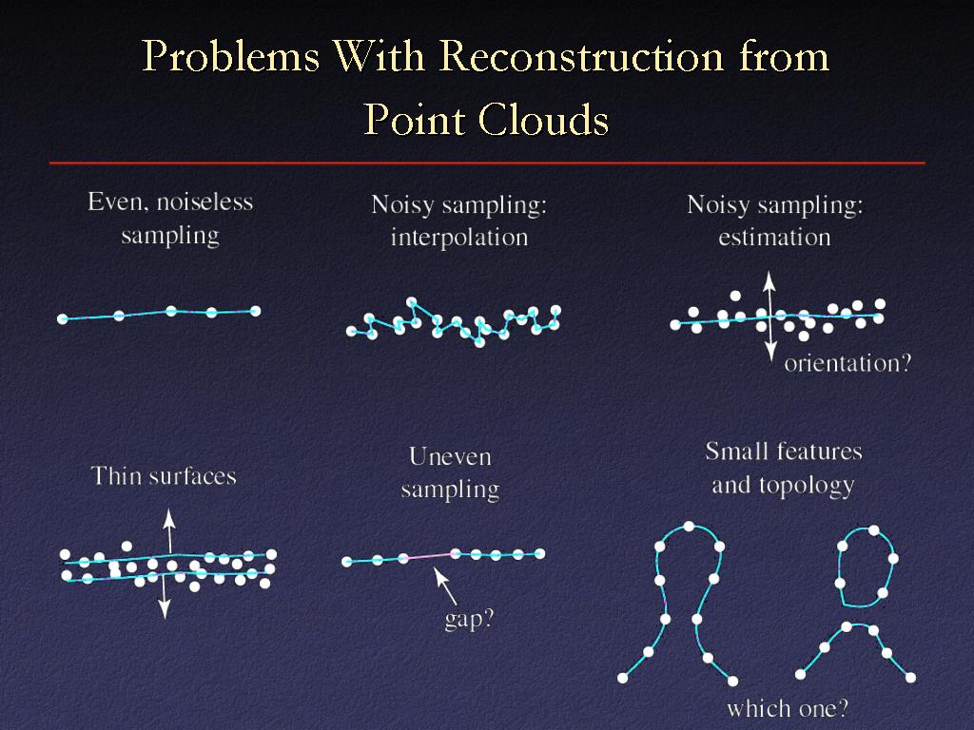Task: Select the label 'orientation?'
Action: pos(847,363)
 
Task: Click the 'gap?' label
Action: pos(469,619)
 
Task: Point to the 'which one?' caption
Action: pos(788,708)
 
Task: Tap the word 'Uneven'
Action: pos(450,457)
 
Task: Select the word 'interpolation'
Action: pos(459,237)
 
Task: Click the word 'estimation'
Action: pos(774,237)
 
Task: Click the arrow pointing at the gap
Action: pos(445,586)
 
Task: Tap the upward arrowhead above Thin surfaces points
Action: pos(168,518)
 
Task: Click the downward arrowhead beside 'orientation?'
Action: pos(770,353)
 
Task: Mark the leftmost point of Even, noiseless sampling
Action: pos(62,319)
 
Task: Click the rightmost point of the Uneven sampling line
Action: pos(540,554)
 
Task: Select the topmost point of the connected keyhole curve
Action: pos(689,527)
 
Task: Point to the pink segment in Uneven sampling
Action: pos(429,555)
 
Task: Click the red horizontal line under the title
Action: pos(487,163)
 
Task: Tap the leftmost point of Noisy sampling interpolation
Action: pos(351,332)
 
